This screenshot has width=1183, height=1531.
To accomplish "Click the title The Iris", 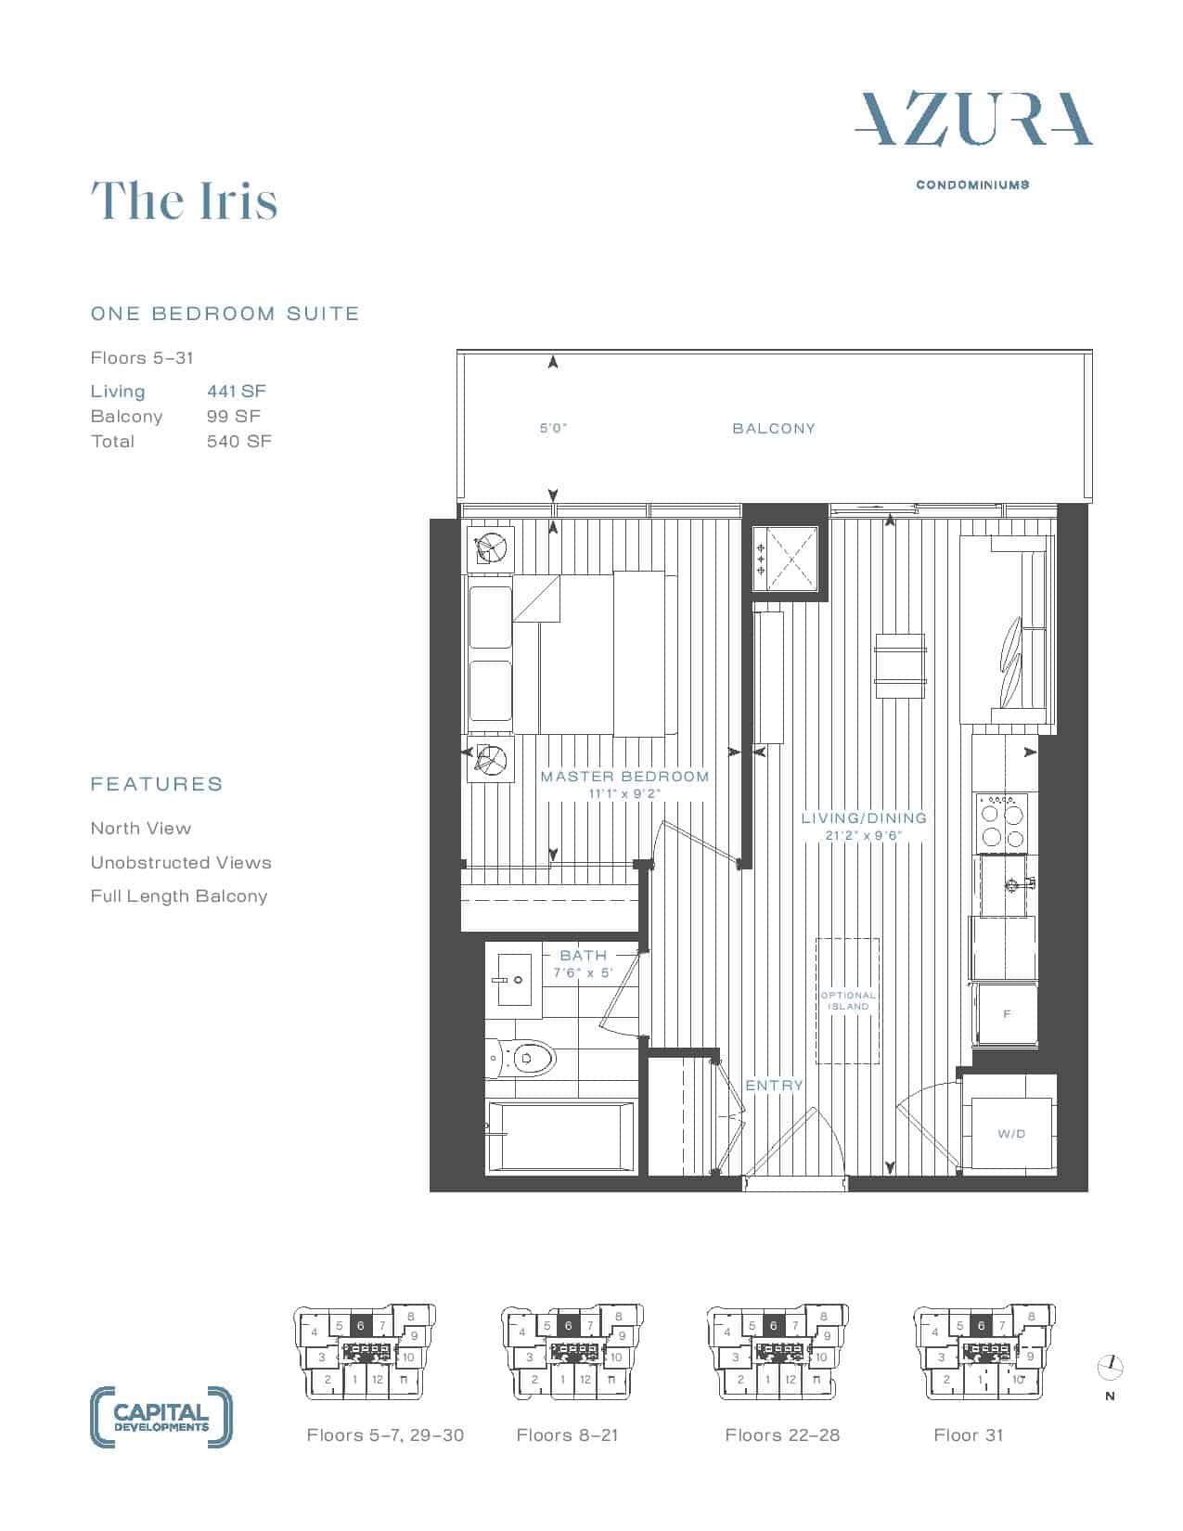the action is tap(185, 200).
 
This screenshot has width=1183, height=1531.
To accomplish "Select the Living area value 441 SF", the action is tap(237, 391).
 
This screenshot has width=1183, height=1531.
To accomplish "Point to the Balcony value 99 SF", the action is tap(234, 417).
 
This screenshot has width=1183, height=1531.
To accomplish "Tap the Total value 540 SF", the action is tap(238, 442).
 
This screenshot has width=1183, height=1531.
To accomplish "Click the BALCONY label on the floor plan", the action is tap(774, 429).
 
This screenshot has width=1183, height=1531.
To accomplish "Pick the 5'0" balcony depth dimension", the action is tap(553, 429).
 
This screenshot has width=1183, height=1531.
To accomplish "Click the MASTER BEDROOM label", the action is tap(625, 777).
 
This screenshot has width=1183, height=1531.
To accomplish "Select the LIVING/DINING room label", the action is tap(864, 818).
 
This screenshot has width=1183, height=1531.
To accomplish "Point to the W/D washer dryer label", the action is tap(1011, 1134).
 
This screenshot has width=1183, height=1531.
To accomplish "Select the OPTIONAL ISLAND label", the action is tap(848, 1000).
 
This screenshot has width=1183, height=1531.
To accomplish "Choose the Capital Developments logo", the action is tap(161, 1417).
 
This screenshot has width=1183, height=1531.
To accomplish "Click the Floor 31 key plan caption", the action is tap(968, 1435).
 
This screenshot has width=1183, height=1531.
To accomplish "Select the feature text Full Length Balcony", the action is tap(179, 896).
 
